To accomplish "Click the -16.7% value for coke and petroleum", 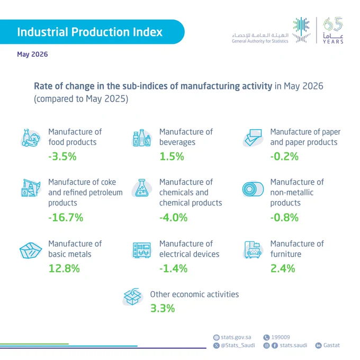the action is [66, 218].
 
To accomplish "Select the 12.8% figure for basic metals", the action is [64, 268].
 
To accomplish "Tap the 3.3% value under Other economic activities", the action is [163, 308].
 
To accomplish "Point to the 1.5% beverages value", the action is [172, 157].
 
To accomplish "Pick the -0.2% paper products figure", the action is [284, 157].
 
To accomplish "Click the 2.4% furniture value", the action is [283, 268].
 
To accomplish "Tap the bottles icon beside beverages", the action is [142, 138].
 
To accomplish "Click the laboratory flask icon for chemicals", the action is [142, 188].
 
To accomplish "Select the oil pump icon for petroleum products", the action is [31, 188].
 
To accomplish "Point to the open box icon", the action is [132, 296].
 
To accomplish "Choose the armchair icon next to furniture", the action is [253, 250].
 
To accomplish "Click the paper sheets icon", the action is [253, 138].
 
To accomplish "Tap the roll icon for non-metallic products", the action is [253, 189].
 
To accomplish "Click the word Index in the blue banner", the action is [148, 32].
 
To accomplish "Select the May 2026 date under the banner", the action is [32, 55].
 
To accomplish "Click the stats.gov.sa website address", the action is [236, 337].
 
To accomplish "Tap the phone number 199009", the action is [281, 337].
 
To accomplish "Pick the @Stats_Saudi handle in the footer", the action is [238, 345].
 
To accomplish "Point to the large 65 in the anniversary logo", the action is [333, 24].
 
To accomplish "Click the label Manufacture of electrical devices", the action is [189, 249].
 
